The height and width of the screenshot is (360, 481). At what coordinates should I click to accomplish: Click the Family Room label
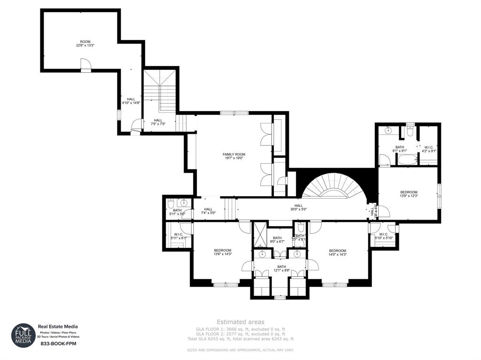coord(233,156)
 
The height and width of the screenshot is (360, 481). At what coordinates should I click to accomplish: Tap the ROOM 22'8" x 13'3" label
coord(85,44)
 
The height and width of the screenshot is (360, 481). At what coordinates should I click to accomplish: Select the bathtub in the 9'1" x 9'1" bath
coord(407,161)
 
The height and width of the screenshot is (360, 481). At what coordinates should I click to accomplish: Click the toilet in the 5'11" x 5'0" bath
coord(171,203)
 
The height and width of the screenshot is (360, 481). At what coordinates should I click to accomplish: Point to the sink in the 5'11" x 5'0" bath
coord(184,203)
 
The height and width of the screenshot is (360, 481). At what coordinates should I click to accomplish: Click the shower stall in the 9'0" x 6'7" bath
coord(260,235)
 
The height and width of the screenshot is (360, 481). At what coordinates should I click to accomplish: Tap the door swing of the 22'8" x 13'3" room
coord(85,64)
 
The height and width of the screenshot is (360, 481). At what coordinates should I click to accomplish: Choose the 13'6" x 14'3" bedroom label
coord(222,252)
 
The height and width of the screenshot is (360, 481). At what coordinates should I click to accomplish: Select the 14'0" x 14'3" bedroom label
coord(337,252)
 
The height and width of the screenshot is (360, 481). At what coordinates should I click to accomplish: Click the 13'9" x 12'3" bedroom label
coord(409,194)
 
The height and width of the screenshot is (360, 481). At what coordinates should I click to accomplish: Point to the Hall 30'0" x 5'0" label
coord(298,207)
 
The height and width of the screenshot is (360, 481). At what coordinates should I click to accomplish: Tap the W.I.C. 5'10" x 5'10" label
coord(383,236)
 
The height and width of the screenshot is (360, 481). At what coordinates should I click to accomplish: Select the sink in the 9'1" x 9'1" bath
coord(388,130)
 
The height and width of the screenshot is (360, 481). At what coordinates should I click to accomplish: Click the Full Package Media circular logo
coord(23,335)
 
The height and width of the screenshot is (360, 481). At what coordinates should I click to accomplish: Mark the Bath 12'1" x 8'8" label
coord(281,268)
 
